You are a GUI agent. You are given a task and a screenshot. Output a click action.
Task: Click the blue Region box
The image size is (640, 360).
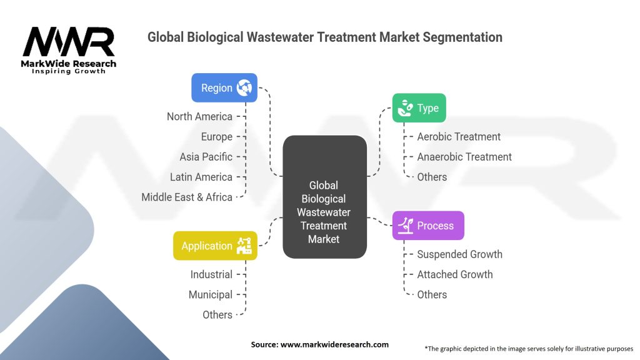point(224,87)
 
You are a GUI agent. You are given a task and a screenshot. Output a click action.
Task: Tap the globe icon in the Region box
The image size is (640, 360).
point(244,87)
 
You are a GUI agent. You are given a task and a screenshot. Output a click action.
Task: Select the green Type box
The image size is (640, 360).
point(419,107)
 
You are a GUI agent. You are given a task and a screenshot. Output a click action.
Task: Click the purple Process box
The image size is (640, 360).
point(428,225)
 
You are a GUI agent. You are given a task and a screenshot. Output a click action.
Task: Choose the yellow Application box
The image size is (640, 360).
point(215,246)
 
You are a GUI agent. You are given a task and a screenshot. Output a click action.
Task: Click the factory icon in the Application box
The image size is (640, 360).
point(244,246)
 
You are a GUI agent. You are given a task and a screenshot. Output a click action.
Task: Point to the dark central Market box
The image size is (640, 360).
point(324,197)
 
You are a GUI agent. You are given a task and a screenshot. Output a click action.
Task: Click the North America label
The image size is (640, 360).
point(199,116)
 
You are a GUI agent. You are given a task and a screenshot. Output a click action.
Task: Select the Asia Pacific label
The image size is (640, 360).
point(206,157)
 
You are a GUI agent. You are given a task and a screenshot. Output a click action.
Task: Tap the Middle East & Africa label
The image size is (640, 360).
point(187,197)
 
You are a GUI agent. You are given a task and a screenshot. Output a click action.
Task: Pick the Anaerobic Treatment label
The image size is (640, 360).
point(464,157)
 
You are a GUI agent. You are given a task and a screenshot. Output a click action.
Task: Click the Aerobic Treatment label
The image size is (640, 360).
point(459,137)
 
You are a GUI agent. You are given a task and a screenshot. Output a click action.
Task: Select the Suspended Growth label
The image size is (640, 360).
point(459,254)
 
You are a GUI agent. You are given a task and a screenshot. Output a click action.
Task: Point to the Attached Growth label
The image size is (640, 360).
point(455,274)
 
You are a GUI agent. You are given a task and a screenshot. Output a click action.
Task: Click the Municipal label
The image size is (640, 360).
point(211,295)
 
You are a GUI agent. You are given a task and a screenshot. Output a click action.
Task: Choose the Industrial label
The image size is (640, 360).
point(211,274)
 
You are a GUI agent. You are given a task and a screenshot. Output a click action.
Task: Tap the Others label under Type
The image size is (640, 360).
point(432,177)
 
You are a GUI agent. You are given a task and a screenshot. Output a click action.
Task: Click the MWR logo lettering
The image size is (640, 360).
point(69,42)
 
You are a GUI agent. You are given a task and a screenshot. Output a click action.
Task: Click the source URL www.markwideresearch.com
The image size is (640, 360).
point(335,344)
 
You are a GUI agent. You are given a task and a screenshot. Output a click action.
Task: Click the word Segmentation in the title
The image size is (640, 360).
point(462,37)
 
